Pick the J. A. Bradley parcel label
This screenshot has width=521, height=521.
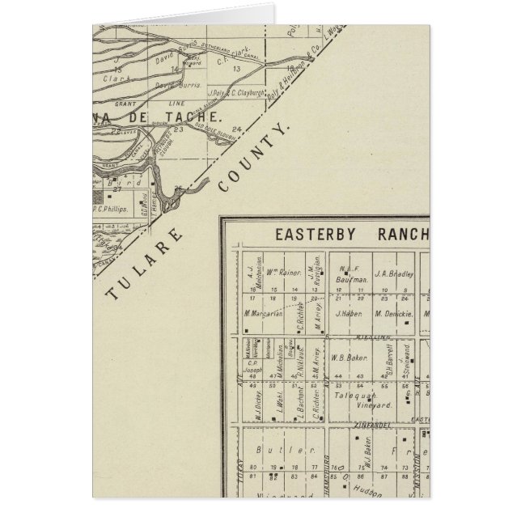pyautogui.click(x=393, y=275)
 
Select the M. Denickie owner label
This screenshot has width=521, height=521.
pyautogui.click(x=394, y=313)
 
